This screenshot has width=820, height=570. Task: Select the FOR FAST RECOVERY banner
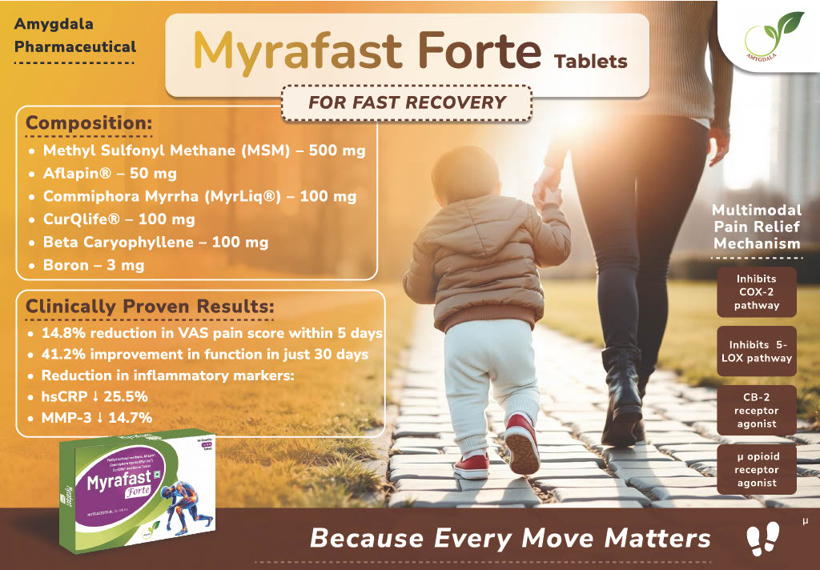coord(408,102)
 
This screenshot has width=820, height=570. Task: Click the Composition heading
coord(89,124)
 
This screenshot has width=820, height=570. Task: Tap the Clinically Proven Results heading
coord(150,307)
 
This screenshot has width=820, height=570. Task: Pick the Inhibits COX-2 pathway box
coord(757,292)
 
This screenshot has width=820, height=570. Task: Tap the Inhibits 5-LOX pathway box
coord(757,351)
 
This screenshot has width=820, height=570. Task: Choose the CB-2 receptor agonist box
coord(757,411)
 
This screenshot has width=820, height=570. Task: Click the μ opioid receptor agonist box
coord(757,469)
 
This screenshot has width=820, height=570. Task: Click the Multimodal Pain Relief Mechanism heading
coord(757,227)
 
